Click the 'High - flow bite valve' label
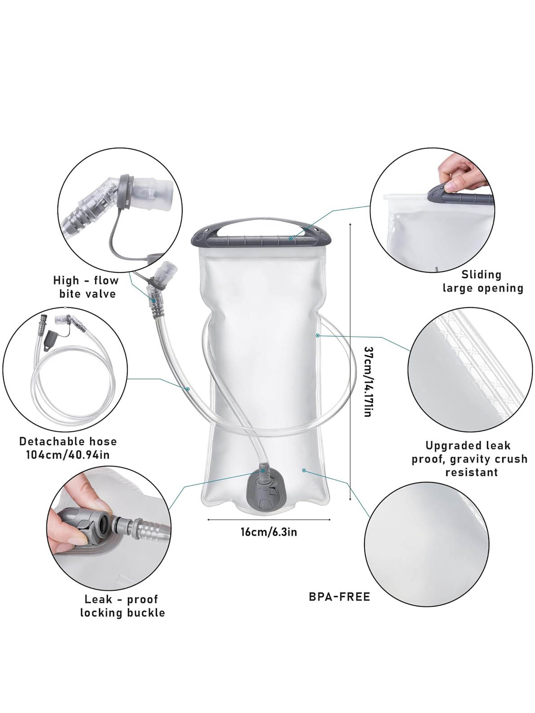coord(86,287)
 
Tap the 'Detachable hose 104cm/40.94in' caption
coord(68,448)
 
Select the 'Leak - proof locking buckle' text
coord(122,606)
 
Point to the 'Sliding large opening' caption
coord(483,281)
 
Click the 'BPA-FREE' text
coord(339,597)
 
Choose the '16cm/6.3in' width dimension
coord(269,532)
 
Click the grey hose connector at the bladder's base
coord(264,491)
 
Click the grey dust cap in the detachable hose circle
coord(51,340)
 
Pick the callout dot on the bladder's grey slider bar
coord(291,239)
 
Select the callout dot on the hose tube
coord(187,389)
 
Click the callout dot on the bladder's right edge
coord(318,335)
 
